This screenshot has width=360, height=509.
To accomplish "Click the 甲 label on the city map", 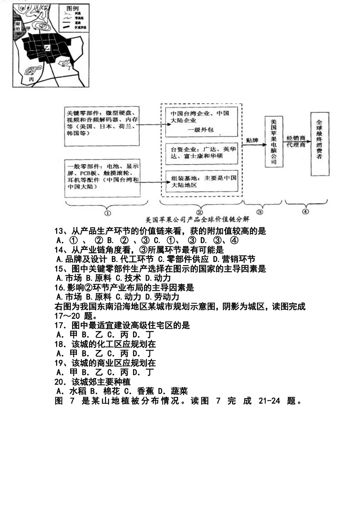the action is pos(27,34).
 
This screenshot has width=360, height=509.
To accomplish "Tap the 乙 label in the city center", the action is pos(47,48).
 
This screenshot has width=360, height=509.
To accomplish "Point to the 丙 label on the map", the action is pos(31,79).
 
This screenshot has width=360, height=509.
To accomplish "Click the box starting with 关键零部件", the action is pos(102,126).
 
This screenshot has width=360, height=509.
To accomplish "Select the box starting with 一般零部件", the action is pos(102,178).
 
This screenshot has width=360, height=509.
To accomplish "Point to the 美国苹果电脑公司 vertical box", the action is pos(274,142).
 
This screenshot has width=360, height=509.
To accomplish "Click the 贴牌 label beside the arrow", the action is pos(252,140).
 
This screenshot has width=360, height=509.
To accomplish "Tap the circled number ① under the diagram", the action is pos(107,212).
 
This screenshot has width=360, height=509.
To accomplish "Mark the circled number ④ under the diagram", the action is pos(305,211).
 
